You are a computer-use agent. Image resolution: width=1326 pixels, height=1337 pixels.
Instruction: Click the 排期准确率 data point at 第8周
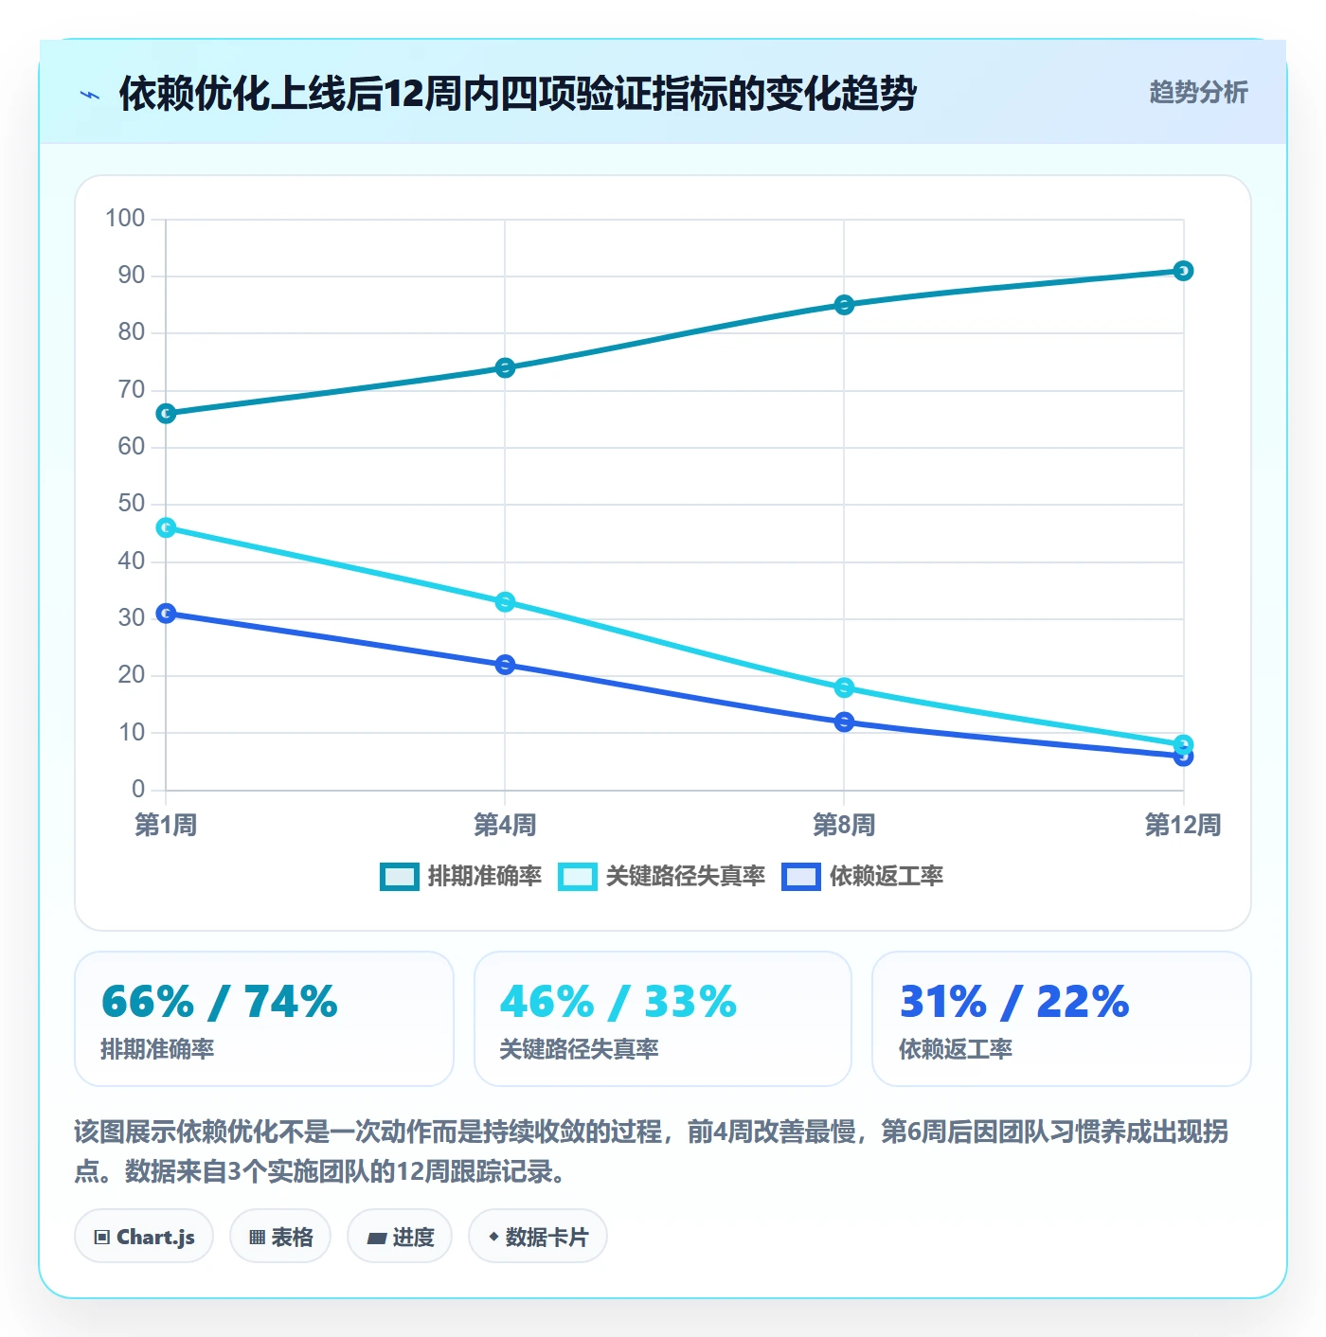[844, 305]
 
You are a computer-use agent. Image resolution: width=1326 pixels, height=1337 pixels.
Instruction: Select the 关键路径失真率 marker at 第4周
[505, 601]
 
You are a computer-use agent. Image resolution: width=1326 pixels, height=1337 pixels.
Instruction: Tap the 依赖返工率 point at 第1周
[166, 613]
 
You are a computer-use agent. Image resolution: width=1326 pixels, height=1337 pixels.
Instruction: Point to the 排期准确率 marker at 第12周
[1183, 271]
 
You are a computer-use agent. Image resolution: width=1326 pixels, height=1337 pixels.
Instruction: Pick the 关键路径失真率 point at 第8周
[844, 686]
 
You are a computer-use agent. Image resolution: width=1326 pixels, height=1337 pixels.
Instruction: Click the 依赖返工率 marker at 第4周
[505, 664]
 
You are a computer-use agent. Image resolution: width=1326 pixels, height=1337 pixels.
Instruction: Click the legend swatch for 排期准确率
[399, 876]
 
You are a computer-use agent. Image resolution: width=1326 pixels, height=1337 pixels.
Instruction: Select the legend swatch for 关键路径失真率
[578, 876]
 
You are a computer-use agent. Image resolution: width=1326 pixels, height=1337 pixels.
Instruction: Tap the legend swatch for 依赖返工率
[801, 876]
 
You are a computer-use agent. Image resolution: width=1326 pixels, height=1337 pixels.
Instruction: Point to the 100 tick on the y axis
[124, 218]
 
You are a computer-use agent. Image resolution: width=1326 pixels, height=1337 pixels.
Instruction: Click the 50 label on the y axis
[132, 503]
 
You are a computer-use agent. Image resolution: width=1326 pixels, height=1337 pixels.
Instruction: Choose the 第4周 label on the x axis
[505, 825]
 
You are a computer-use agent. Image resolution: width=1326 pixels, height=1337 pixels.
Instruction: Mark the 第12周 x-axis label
[1182, 825]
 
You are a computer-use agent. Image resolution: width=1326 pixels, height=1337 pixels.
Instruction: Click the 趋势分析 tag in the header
[1198, 92]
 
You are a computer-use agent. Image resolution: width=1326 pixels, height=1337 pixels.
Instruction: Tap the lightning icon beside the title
[90, 95]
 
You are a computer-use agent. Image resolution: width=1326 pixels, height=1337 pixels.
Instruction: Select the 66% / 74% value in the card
[220, 1001]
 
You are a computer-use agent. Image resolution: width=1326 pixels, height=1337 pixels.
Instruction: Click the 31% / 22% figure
[1014, 1001]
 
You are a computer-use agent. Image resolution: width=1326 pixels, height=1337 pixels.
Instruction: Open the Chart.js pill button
[144, 1237]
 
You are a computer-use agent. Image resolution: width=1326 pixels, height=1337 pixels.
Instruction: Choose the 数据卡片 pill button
[538, 1237]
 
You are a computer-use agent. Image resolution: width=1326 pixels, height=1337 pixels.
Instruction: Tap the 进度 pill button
[400, 1237]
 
